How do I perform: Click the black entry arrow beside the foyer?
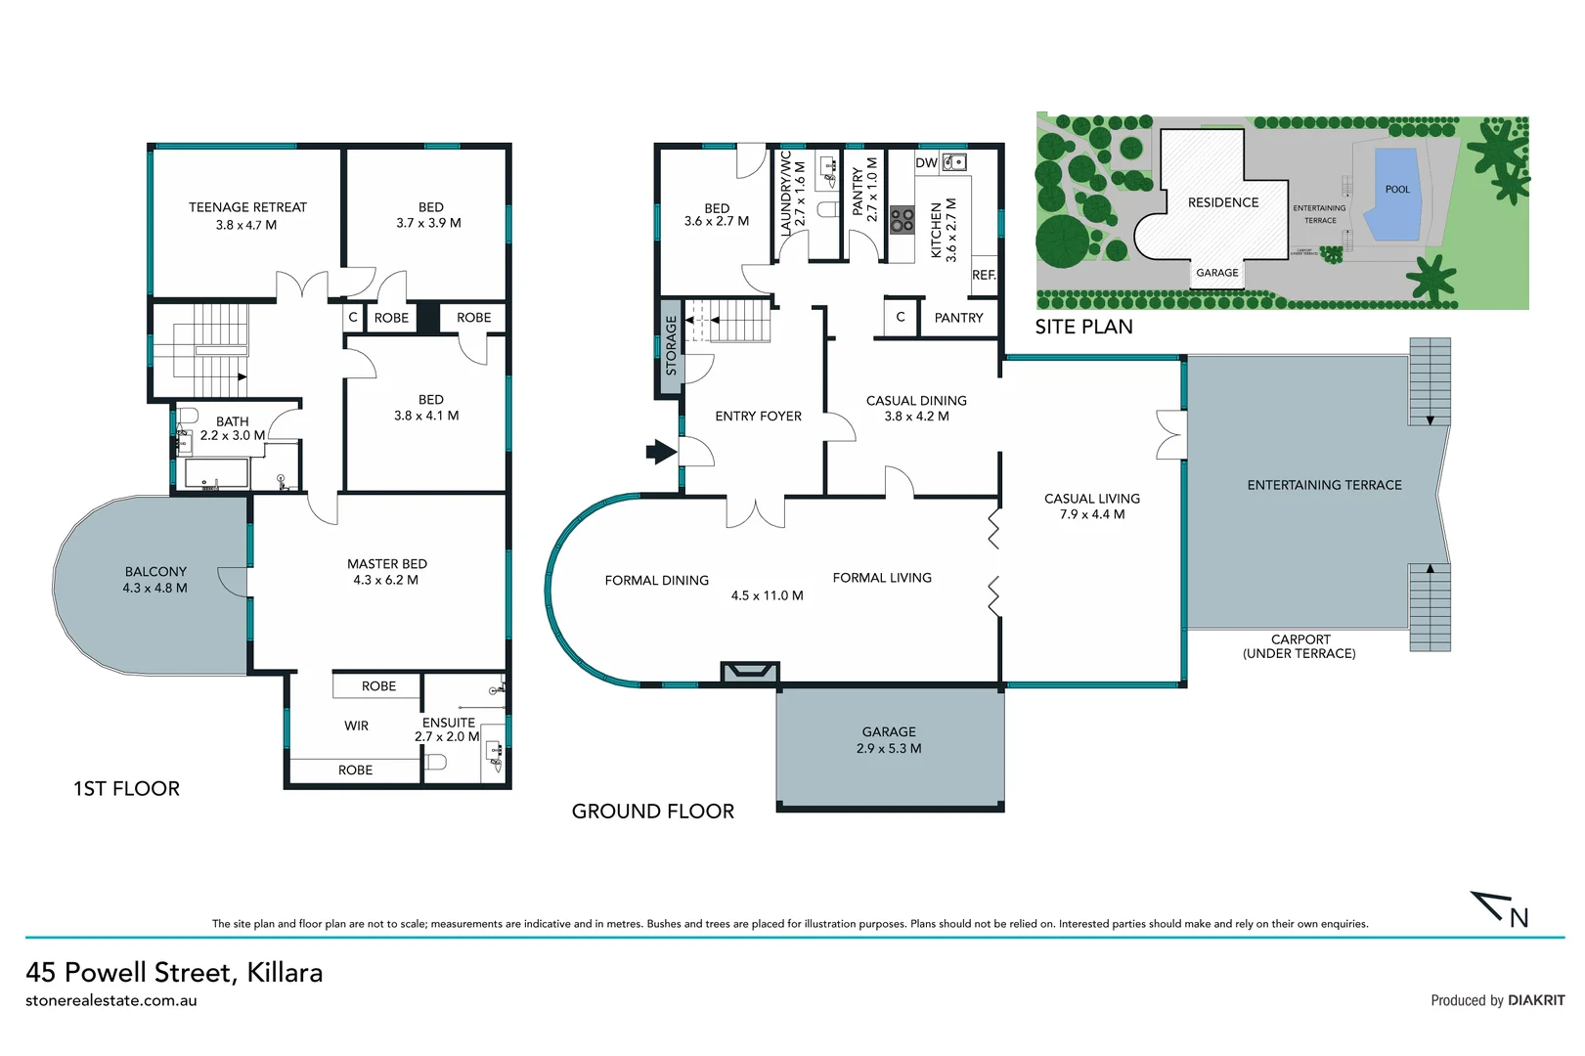click(661, 452)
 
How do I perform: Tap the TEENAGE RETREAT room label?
click(247, 207)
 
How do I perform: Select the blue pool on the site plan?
click(1395, 194)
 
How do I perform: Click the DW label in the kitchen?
click(926, 163)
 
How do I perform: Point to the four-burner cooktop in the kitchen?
click(902, 219)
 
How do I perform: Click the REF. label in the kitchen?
click(984, 275)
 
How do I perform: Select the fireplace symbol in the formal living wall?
click(750, 671)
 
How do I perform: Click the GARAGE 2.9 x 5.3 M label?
click(889, 740)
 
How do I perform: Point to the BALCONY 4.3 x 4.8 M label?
click(154, 580)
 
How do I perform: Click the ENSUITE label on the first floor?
click(449, 723)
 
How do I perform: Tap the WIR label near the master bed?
click(356, 726)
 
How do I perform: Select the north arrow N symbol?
click(1505, 910)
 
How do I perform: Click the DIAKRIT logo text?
click(1536, 1000)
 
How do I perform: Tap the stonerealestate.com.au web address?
click(111, 1000)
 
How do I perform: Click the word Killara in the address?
click(285, 972)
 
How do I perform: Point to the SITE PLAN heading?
click(1083, 327)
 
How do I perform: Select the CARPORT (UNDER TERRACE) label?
click(1299, 646)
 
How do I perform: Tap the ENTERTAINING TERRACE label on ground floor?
click(1324, 485)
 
